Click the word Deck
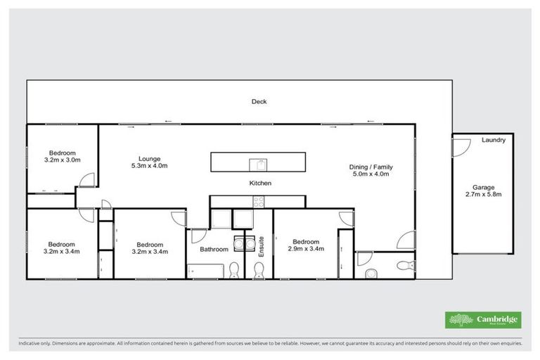(x=259, y=102)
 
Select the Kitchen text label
(x=259, y=183)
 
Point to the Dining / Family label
(x=371, y=167)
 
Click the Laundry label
(x=494, y=141)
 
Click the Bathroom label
(x=214, y=249)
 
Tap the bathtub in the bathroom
(x=205, y=270)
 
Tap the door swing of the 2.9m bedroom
(x=345, y=218)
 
